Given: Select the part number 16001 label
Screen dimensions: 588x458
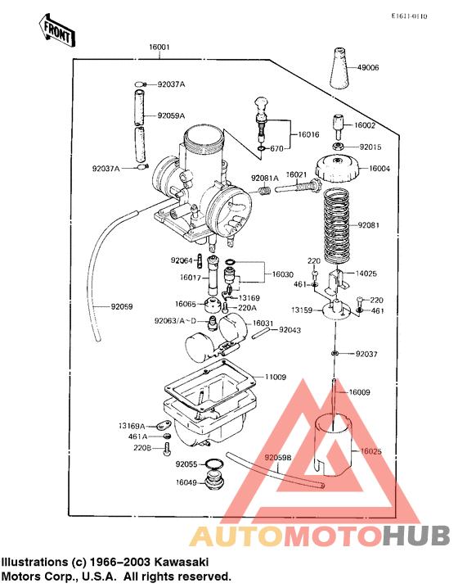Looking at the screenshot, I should pyautogui.click(x=159, y=48).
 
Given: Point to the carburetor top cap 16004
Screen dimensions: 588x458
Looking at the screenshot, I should pyautogui.click(x=339, y=168).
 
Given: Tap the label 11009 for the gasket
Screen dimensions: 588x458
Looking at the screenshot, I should pyautogui.click(x=276, y=378).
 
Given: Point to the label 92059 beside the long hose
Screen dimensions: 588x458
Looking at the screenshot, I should pyautogui.click(x=124, y=307).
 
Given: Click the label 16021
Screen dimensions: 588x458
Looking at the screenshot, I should pyautogui.click(x=296, y=175).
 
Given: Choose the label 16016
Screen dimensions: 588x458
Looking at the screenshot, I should pyautogui.click(x=308, y=133).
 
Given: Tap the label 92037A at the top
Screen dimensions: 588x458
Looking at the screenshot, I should pyautogui.click(x=171, y=84).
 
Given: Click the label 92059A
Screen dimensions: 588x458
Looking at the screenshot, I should pyautogui.click(x=171, y=115).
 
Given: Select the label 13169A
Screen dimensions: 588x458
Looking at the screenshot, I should pyautogui.click(x=131, y=426).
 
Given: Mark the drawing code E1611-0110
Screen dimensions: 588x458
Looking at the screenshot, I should pyautogui.click(x=408, y=16).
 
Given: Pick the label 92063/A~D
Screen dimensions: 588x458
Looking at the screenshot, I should pyautogui.click(x=174, y=322).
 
